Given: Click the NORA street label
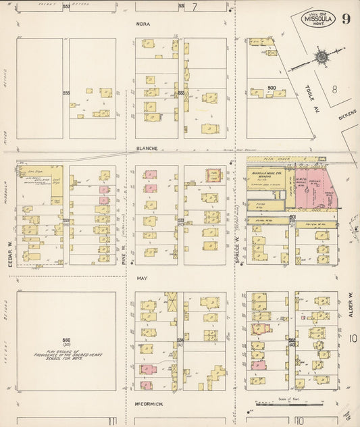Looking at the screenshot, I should [143, 24].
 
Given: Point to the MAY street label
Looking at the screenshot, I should [142, 278].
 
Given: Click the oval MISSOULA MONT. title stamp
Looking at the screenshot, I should [317, 18].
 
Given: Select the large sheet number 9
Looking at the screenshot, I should [346, 18].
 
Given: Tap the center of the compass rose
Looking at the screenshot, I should [321, 57].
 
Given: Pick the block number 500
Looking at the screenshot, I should [272, 88].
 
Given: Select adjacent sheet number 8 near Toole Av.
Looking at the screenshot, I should [333, 89].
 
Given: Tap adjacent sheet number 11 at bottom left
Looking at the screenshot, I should [111, 420].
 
